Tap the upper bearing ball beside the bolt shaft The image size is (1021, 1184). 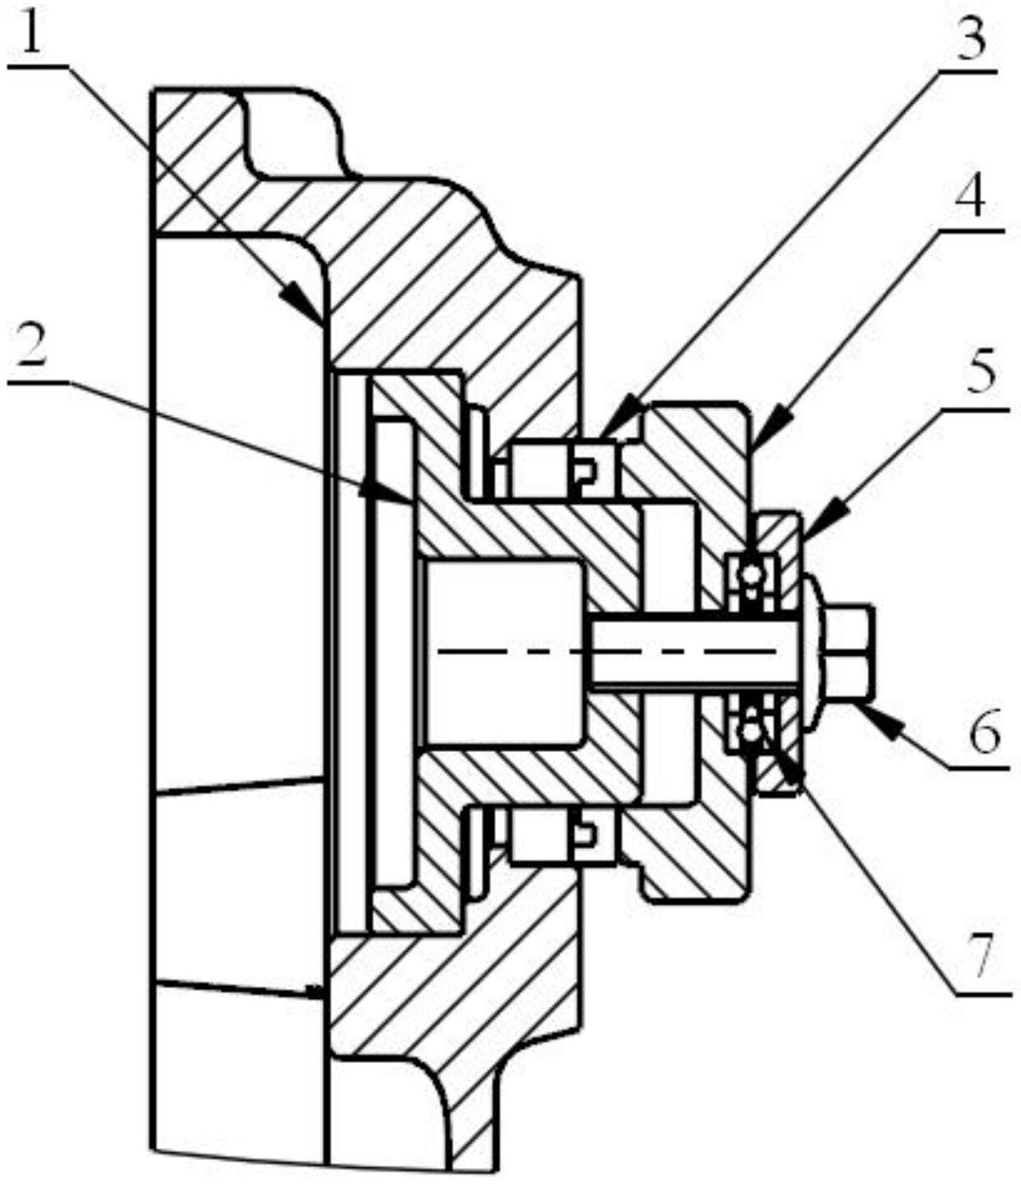coord(750,572)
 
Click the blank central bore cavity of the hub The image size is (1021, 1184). coord(505,652)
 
